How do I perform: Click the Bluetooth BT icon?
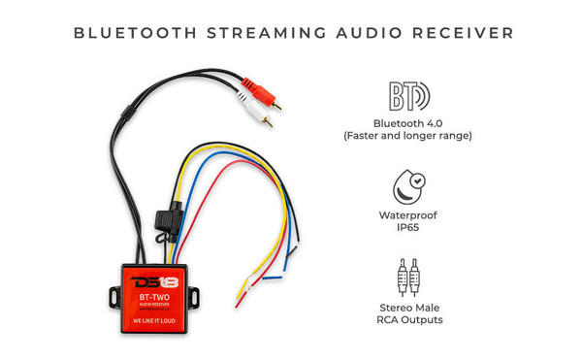click(x=407, y=97)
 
